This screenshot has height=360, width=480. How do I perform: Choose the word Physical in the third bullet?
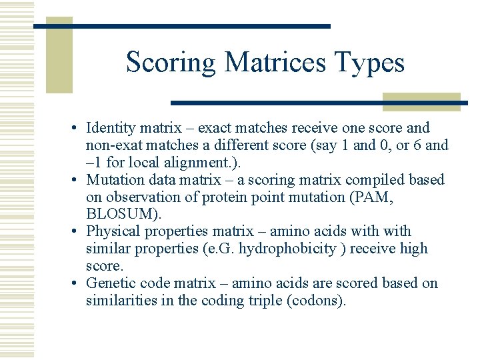[x=112, y=232]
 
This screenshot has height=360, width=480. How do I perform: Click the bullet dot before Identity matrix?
[x=77, y=128]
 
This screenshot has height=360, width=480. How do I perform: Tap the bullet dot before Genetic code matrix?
[x=77, y=284]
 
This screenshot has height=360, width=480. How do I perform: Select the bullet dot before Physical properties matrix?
[x=77, y=232]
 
